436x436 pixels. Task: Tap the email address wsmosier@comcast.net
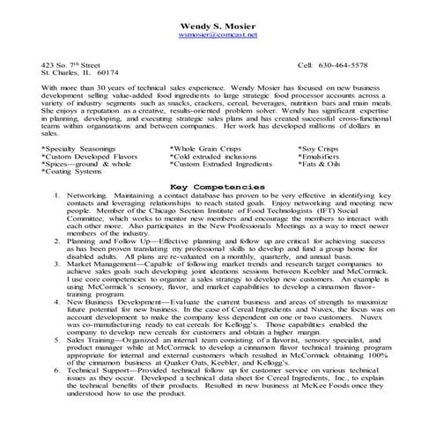[x=218, y=35]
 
